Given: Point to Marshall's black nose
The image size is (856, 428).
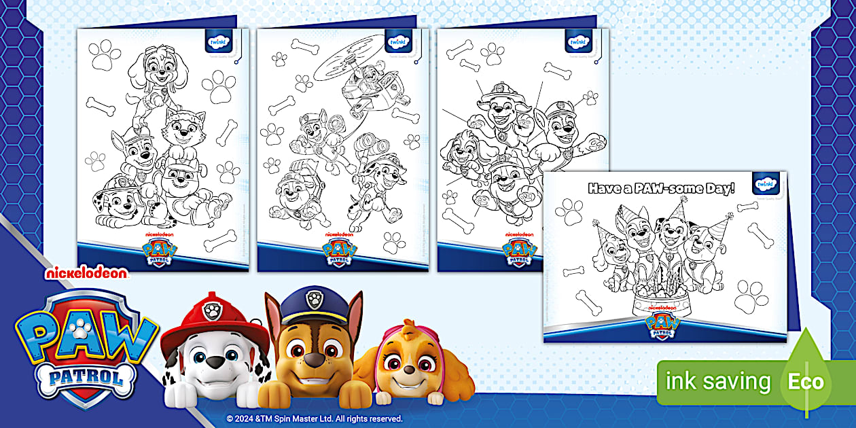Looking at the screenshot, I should pyautogui.click(x=215, y=361).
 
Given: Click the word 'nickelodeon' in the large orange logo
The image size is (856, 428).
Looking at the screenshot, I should pyautogui.click(x=86, y=272).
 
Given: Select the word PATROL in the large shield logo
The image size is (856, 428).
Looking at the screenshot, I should pyautogui.click(x=85, y=377).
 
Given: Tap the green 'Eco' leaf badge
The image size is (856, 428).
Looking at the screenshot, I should pyautogui.click(x=806, y=380).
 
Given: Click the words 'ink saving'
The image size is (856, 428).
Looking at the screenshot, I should pyautogui.click(x=719, y=381).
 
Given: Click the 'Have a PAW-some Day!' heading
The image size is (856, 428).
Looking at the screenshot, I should pyautogui.click(x=661, y=188).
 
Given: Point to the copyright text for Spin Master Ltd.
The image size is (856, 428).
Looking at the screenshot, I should pyautogui.click(x=315, y=418).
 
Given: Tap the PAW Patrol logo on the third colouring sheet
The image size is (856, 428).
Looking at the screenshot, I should pyautogui.click(x=520, y=250).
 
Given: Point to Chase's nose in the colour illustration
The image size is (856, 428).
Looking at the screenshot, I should pyautogui.click(x=314, y=361).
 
